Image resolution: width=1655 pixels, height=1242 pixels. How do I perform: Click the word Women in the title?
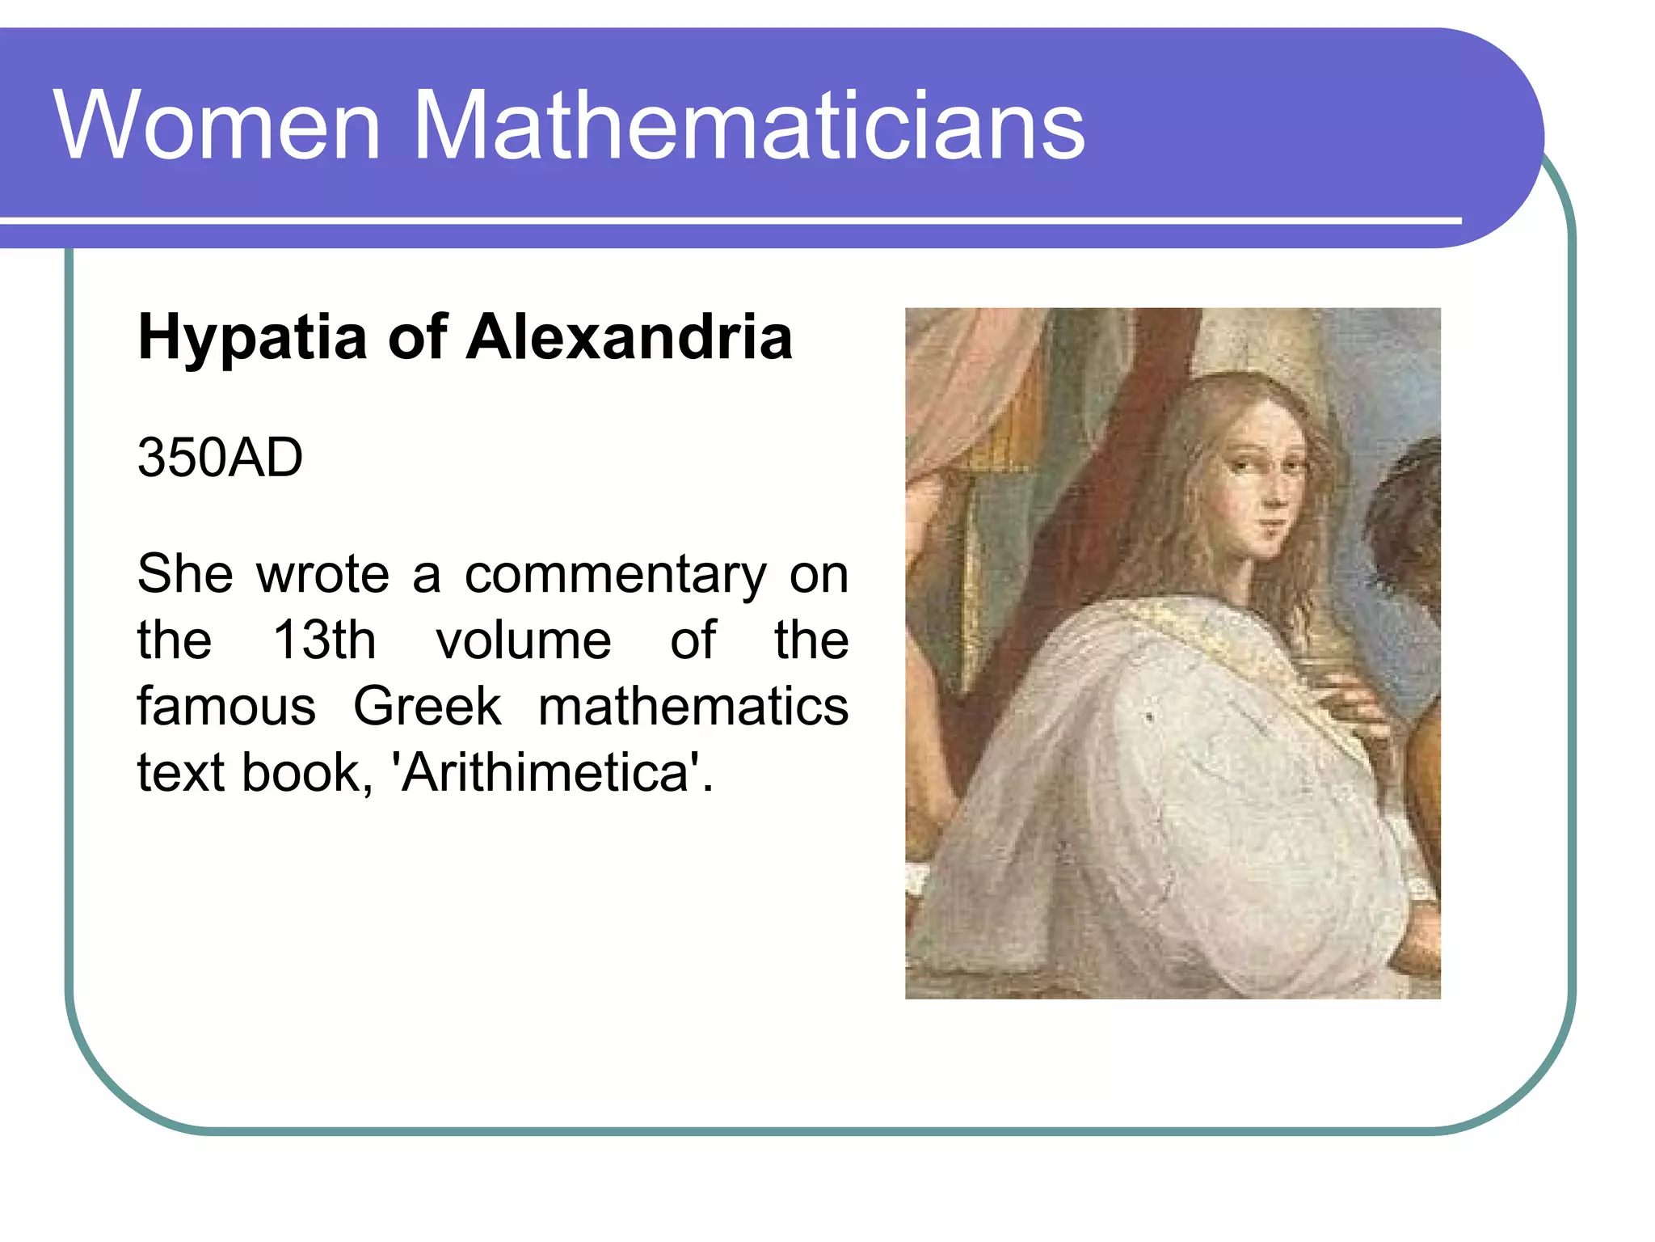pyautogui.click(x=217, y=125)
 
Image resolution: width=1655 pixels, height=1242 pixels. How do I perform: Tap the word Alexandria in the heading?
pyautogui.click(x=630, y=336)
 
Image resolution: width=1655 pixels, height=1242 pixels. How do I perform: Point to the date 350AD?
pyautogui.click(x=220, y=458)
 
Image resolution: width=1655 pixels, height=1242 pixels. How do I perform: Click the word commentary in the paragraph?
pyautogui.click(x=615, y=576)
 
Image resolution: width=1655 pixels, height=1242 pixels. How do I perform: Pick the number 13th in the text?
pyautogui.click(x=324, y=640)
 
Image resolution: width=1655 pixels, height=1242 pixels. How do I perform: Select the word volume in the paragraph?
pyautogui.click(x=524, y=640)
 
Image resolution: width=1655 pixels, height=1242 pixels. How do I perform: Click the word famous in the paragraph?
pyautogui.click(x=226, y=707)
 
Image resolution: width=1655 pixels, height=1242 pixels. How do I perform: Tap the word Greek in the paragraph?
pyautogui.click(x=427, y=707)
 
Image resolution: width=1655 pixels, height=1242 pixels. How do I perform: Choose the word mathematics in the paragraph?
pyautogui.click(x=693, y=707)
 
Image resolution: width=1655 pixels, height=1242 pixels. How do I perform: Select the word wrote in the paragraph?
pyautogui.click(x=323, y=576)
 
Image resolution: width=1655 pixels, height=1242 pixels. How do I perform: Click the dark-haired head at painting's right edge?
pyautogui.click(x=1410, y=517)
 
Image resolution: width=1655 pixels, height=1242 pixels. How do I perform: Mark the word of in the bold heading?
pyautogui.click(x=417, y=336)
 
